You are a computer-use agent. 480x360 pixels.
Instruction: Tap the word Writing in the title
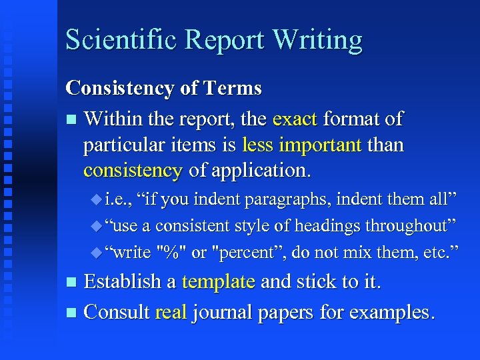point(317,41)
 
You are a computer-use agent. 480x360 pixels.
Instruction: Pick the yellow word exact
point(295,119)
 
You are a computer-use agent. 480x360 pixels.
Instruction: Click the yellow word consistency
point(133,170)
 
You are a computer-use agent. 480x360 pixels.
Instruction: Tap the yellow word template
point(218,281)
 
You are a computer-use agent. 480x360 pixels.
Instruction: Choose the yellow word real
point(171,311)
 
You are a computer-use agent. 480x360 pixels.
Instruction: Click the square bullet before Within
point(71,121)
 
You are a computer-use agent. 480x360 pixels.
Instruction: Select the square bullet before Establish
point(71,283)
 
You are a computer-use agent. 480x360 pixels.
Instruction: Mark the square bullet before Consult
point(71,313)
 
